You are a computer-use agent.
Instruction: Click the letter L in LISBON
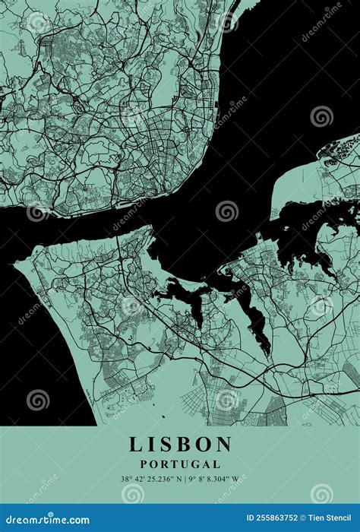135,445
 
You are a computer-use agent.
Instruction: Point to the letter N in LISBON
223,445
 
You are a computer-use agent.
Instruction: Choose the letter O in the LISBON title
202,445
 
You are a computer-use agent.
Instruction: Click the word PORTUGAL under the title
180,464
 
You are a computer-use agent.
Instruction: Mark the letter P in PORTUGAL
144,464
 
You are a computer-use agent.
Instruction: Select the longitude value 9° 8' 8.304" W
212,480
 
